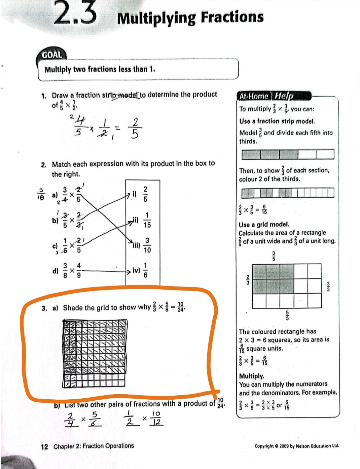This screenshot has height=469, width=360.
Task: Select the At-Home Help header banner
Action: point(266,96)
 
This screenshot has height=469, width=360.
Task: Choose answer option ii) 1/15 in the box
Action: point(143,220)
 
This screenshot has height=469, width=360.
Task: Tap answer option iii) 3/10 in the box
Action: point(143,245)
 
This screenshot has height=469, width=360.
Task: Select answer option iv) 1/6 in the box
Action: point(141,271)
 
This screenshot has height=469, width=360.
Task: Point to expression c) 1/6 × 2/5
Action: point(67,245)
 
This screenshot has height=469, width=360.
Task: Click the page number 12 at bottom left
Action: point(44,447)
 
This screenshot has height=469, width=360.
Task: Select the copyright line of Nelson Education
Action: point(297,446)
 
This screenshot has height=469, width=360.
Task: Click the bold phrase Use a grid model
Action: point(264,225)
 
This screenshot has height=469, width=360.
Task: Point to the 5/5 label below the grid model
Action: point(287,315)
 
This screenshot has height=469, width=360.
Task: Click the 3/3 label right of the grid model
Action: point(329,286)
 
